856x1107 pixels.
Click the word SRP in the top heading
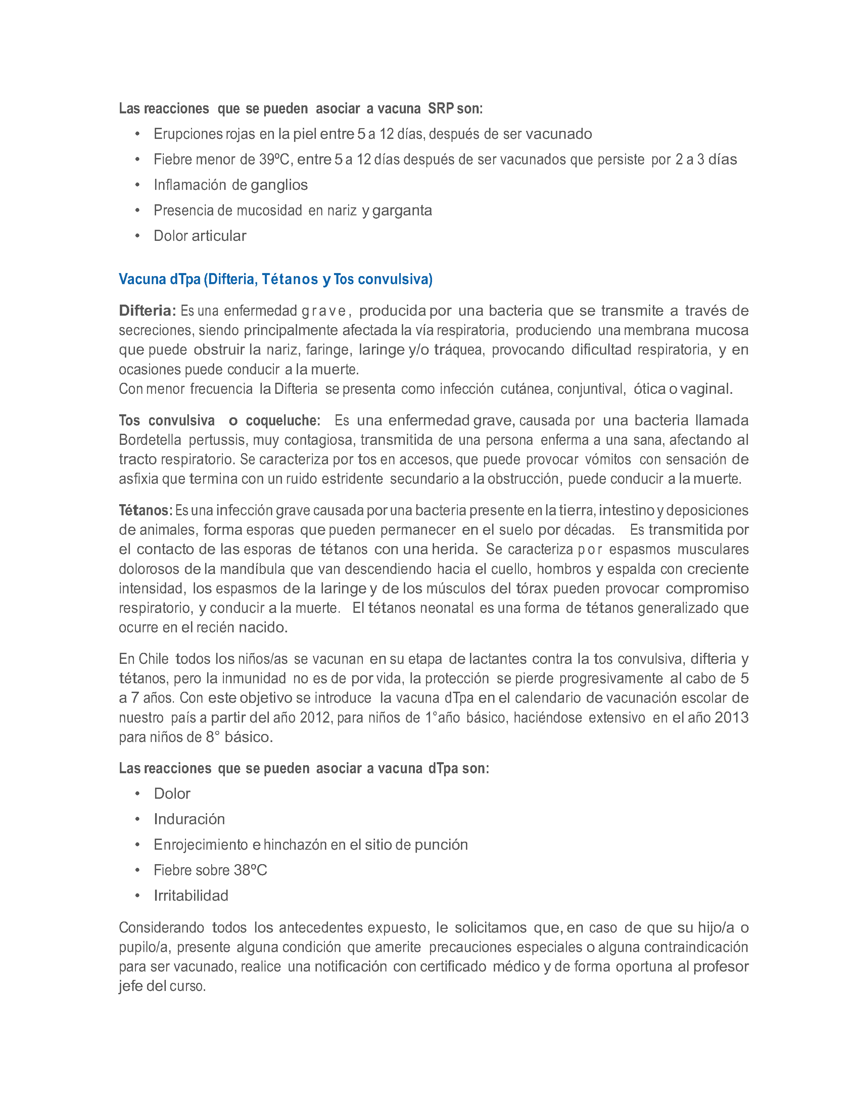pos(441,108)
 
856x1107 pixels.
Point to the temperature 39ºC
pos(274,160)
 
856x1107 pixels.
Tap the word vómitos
pos(608,459)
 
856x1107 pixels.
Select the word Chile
pos(154,658)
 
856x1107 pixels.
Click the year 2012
pos(315,717)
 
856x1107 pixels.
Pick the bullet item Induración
pos(189,819)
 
